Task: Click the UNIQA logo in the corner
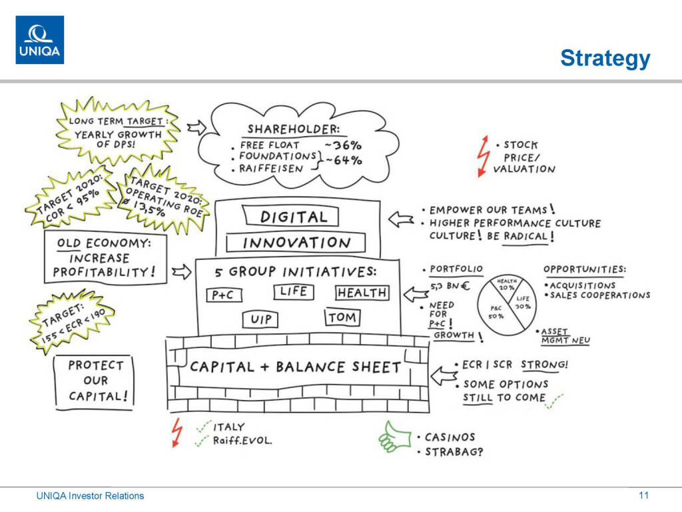[x=40, y=40]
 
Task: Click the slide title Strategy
[x=605, y=58]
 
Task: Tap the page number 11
[x=643, y=495]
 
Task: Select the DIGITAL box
[x=294, y=216]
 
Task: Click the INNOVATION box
[x=296, y=242]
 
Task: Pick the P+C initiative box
[x=223, y=295]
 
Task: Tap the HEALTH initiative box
[x=362, y=293]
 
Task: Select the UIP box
[x=261, y=319]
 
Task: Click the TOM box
[x=342, y=317]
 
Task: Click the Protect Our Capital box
[x=96, y=381]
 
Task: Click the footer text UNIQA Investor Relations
[x=90, y=496]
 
